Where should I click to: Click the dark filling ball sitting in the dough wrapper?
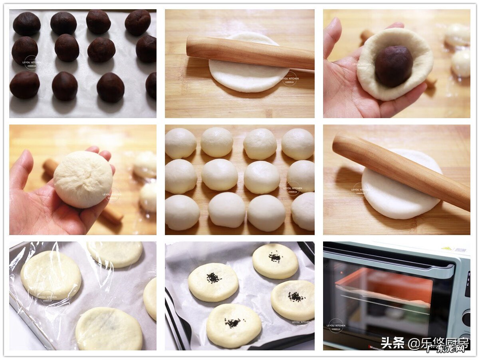coord(393,66)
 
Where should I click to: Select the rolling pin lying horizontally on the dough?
coord(250,52)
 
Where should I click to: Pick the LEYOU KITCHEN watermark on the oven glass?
coord(336,326)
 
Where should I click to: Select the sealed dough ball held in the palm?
coord(83,179)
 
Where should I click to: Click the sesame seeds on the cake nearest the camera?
coord(232,322)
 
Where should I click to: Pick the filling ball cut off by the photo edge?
coord(151,85)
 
